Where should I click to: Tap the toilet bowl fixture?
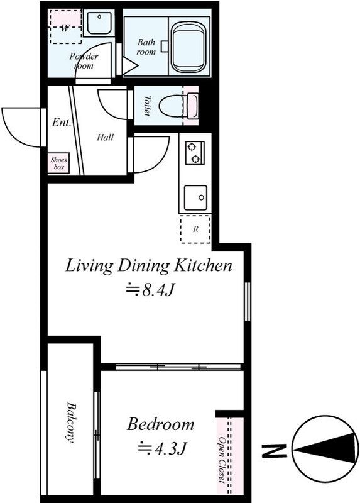(x=179, y=104)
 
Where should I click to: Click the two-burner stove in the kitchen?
(x=195, y=152)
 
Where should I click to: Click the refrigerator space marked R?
(x=195, y=229)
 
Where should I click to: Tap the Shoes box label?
(x=58, y=163)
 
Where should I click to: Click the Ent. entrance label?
(x=60, y=123)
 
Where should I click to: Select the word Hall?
(x=105, y=137)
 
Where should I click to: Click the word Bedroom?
(x=161, y=424)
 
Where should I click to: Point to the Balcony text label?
(x=70, y=422)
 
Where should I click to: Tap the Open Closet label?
(x=222, y=459)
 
